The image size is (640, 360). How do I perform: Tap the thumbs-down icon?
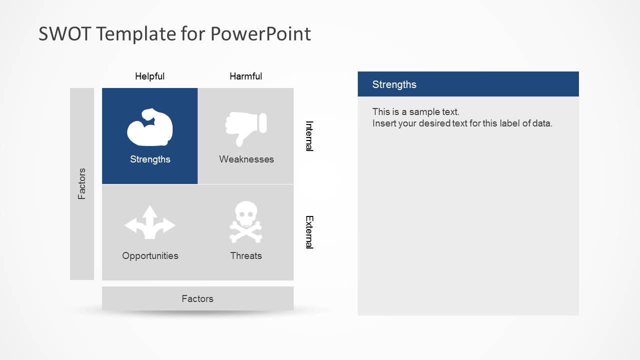click(246, 128)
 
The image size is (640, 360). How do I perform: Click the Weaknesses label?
click(246, 159)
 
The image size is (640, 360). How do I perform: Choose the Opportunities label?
click(150, 256)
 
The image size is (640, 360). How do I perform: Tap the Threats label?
click(246, 256)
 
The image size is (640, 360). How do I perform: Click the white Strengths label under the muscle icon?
click(150, 159)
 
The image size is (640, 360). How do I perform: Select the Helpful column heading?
click(150, 76)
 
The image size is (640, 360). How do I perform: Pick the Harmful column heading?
click(246, 76)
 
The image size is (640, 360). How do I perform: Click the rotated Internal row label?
click(309, 135)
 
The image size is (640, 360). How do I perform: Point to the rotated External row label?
click(309, 232)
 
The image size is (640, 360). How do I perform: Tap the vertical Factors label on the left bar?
click(82, 184)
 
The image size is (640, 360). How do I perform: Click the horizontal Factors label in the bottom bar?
click(197, 299)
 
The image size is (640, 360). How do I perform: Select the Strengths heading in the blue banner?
click(394, 84)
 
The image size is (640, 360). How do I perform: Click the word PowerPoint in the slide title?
click(260, 34)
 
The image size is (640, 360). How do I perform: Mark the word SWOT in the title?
click(64, 34)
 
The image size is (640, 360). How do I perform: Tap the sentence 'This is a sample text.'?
click(415, 112)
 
